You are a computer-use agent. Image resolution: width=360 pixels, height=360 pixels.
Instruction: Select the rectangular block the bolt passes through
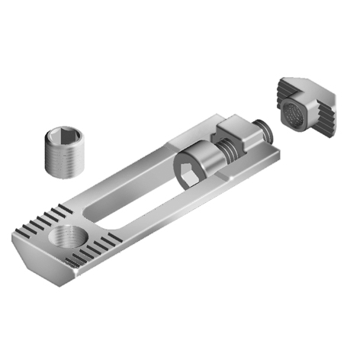(243, 136)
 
